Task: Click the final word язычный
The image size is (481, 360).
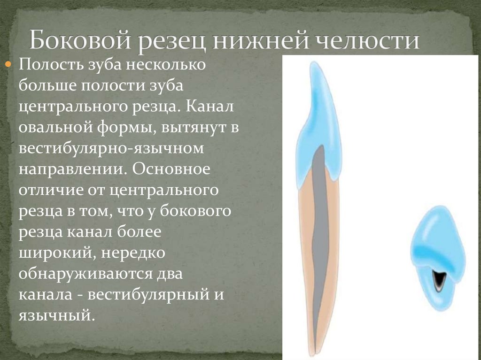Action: click(x=54, y=316)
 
